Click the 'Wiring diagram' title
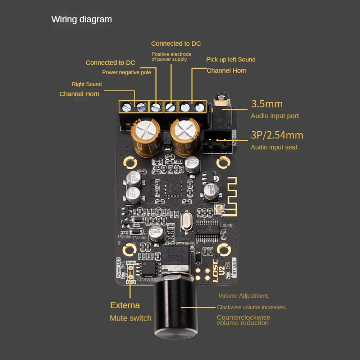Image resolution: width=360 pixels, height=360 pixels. pyautogui.click(x=82, y=19)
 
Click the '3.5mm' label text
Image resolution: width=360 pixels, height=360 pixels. pyautogui.click(x=266, y=104)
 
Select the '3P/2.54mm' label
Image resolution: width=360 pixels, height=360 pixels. pyautogui.click(x=277, y=135)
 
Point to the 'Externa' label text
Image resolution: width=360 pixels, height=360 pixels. pyautogui.click(x=125, y=305)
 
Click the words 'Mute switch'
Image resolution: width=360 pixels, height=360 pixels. pyautogui.click(x=131, y=318)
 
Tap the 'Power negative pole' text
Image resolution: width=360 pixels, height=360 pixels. pyautogui.click(x=127, y=72)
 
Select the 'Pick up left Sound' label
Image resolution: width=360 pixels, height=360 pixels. pyautogui.click(x=231, y=59)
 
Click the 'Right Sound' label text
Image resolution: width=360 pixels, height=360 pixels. pyautogui.click(x=87, y=84)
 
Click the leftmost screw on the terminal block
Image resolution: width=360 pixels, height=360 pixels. pyautogui.click(x=126, y=106)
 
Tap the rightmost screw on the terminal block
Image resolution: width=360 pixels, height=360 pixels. pyautogui.click(x=199, y=106)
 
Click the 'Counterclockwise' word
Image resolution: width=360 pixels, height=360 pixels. pyautogui.click(x=243, y=317)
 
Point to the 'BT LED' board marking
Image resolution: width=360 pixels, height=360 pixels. pyautogui.click(x=234, y=267)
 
